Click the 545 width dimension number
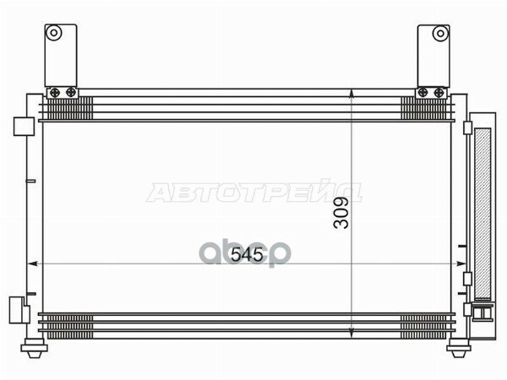click(x=247, y=253)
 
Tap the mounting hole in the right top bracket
click(x=439, y=34)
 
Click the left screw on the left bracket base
click(x=55, y=92)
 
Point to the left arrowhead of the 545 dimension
click(x=42, y=264)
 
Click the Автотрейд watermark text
click(x=253, y=193)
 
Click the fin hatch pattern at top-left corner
click(x=69, y=108)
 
